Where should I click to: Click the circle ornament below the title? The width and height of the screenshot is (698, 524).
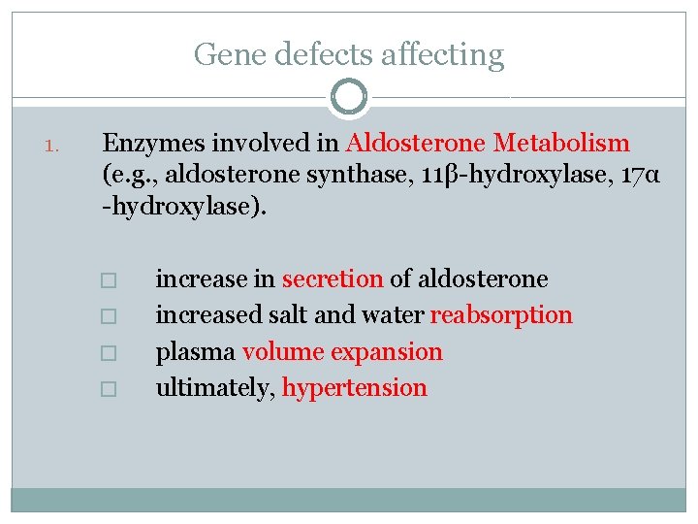click(349, 97)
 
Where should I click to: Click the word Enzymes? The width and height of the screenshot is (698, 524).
click(146, 145)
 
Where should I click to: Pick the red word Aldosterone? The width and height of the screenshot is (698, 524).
click(416, 145)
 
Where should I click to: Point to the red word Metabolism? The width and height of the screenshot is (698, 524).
click(561, 145)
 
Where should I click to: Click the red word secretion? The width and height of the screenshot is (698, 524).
click(333, 279)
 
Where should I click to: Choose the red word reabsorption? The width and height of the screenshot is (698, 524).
click(501, 315)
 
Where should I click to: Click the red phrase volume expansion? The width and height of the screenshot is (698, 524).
click(342, 351)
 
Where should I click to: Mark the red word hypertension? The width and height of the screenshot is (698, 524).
click(354, 387)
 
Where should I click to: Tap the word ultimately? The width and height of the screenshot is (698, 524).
click(215, 387)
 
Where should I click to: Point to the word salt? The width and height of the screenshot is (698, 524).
click(295, 315)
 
